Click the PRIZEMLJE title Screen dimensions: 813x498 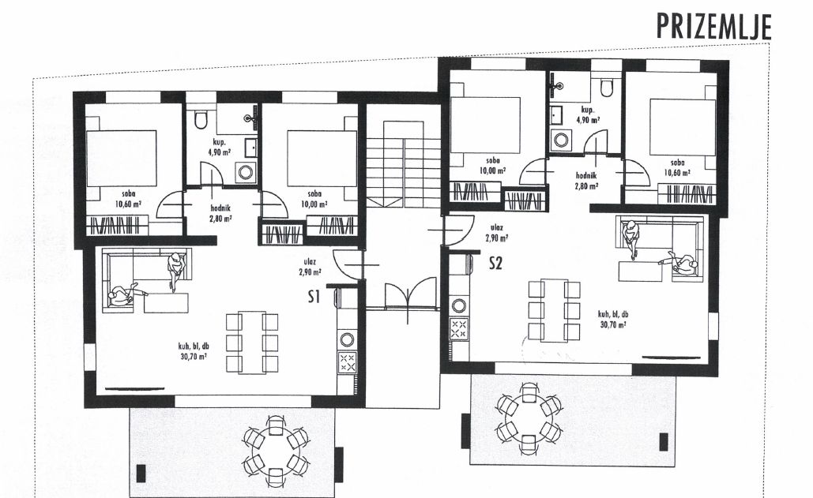click(x=714, y=27)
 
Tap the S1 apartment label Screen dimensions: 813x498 click(x=314, y=297)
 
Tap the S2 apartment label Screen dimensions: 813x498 click(x=495, y=264)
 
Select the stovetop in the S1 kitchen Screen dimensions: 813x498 click(x=347, y=361)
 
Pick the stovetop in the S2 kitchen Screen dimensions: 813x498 click(x=459, y=329)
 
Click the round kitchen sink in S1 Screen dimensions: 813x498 click(x=347, y=340)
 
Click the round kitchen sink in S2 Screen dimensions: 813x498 click(x=459, y=305)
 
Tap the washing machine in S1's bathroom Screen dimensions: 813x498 click(x=245, y=170)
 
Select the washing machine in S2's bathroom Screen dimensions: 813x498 click(x=560, y=139)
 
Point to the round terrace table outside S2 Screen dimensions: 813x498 click(x=527, y=413)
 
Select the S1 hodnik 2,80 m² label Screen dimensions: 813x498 click(x=221, y=213)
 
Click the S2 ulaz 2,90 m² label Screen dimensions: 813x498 click(x=496, y=233)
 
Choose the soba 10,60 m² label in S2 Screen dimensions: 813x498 click(x=676, y=167)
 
